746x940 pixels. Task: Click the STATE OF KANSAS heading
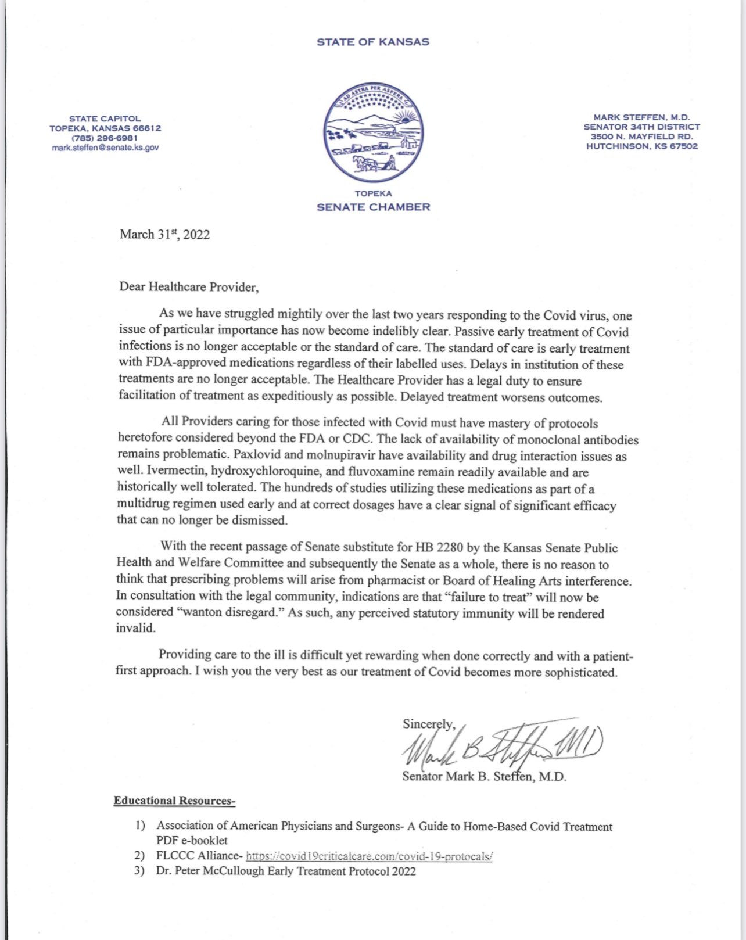373,42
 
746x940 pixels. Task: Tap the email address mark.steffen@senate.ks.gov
105,148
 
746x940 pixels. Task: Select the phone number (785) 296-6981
105,138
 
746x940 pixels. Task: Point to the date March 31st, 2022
164,235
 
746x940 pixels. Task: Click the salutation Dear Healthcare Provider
188,287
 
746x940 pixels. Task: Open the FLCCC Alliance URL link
370,856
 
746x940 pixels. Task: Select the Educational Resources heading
174,801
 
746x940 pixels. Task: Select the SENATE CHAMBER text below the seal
373,207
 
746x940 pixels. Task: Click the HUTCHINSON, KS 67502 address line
641,146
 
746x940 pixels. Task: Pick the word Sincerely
429,724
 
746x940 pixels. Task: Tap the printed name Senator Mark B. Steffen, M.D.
484,777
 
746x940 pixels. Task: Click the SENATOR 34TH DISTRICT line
641,127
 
